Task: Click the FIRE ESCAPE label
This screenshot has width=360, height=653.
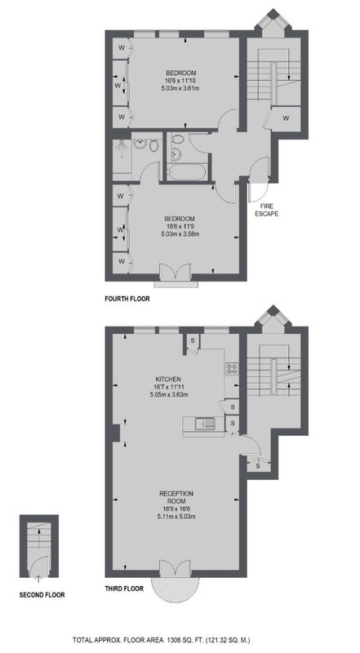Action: pyautogui.click(x=266, y=211)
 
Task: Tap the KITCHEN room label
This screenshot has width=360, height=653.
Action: pyautogui.click(x=168, y=379)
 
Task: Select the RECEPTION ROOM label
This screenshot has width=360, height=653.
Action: pyautogui.click(x=176, y=497)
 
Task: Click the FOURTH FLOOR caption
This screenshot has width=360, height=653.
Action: pyautogui.click(x=127, y=299)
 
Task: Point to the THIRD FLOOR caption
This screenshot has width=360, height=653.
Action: pyautogui.click(x=124, y=589)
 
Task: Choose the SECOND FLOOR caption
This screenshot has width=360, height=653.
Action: pyautogui.click(x=42, y=595)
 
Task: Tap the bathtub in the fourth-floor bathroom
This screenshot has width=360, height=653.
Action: pyautogui.click(x=187, y=171)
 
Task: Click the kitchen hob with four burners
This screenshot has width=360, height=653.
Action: pyautogui.click(x=231, y=368)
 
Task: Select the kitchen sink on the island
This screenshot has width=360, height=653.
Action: pyautogui.click(x=204, y=424)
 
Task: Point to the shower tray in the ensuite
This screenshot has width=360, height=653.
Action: pyautogui.click(x=122, y=156)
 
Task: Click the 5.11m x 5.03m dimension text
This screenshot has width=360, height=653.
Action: pyautogui.click(x=176, y=517)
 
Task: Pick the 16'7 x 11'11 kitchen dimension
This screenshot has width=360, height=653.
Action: pyautogui.click(x=168, y=386)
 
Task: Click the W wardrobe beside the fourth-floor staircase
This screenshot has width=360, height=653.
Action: pyautogui.click(x=286, y=118)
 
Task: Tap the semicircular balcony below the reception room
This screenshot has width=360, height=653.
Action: pyautogui.click(x=175, y=589)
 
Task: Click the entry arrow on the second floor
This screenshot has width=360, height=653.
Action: pyautogui.click(x=38, y=579)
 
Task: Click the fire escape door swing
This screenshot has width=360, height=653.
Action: pyautogui.click(x=259, y=193)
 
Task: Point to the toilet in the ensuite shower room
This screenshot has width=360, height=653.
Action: pyautogui.click(x=153, y=145)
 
